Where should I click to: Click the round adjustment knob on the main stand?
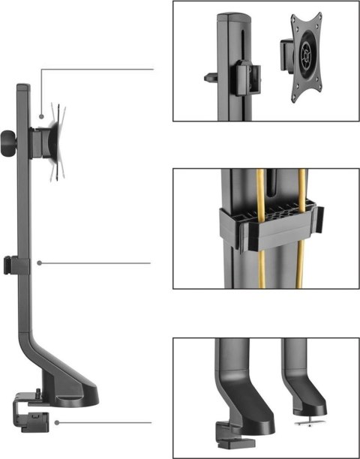pyautogui.click(x=7, y=139)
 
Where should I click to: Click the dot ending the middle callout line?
pyautogui.click(x=39, y=262)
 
